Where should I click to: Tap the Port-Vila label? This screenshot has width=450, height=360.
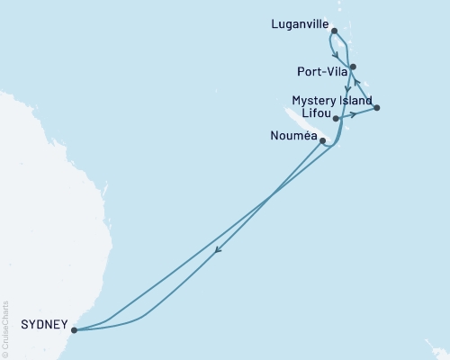(318, 69)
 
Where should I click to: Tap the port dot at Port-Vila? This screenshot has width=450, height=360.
(353, 67)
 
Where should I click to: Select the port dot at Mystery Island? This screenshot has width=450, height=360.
(376, 108)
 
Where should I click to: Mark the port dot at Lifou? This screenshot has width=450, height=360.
(336, 118)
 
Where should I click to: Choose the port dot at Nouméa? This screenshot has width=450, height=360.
(323, 140)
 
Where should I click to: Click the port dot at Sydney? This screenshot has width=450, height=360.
(74, 329)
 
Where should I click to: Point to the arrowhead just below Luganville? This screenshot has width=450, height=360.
(335, 53)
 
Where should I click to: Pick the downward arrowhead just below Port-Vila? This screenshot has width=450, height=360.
(347, 89)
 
